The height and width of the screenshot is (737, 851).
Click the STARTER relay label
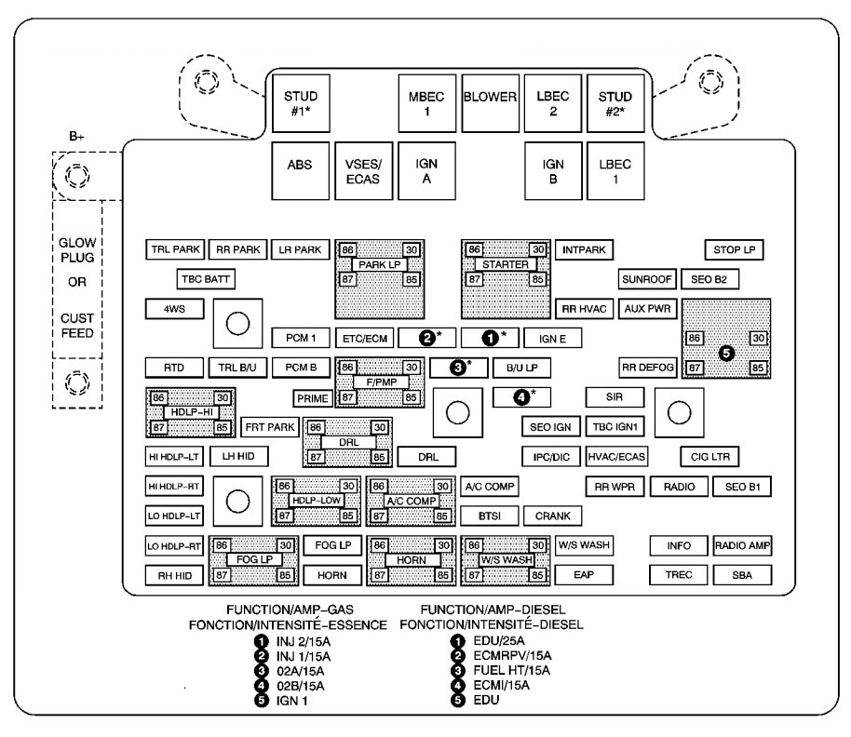point(506,264)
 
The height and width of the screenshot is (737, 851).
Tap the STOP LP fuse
point(733,249)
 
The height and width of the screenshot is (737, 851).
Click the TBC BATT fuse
point(206,278)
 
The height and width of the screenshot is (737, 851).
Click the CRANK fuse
point(552,516)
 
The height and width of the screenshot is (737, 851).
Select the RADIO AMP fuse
point(742,545)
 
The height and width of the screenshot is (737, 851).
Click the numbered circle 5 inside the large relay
point(726,353)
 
